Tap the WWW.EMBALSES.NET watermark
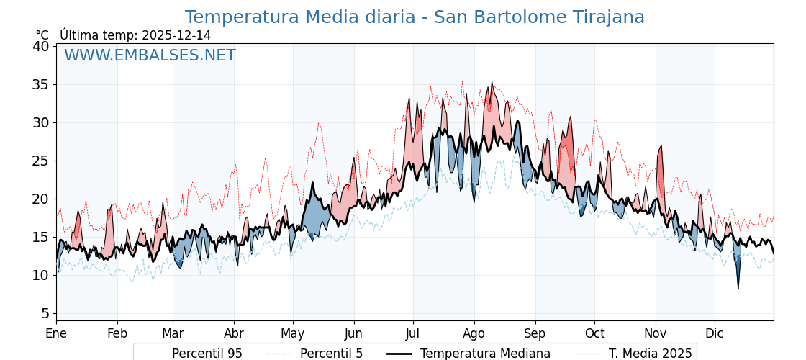150,55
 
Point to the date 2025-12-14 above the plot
176,35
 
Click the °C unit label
42,35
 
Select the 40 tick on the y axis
41,46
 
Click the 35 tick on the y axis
41,84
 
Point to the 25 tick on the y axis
41,161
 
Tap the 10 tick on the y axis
41,275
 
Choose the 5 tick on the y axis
45,313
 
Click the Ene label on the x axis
56,333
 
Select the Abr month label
234,333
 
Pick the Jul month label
413,333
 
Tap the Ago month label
474,333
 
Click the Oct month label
594,333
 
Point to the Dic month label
715,333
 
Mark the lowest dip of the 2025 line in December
738,289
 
